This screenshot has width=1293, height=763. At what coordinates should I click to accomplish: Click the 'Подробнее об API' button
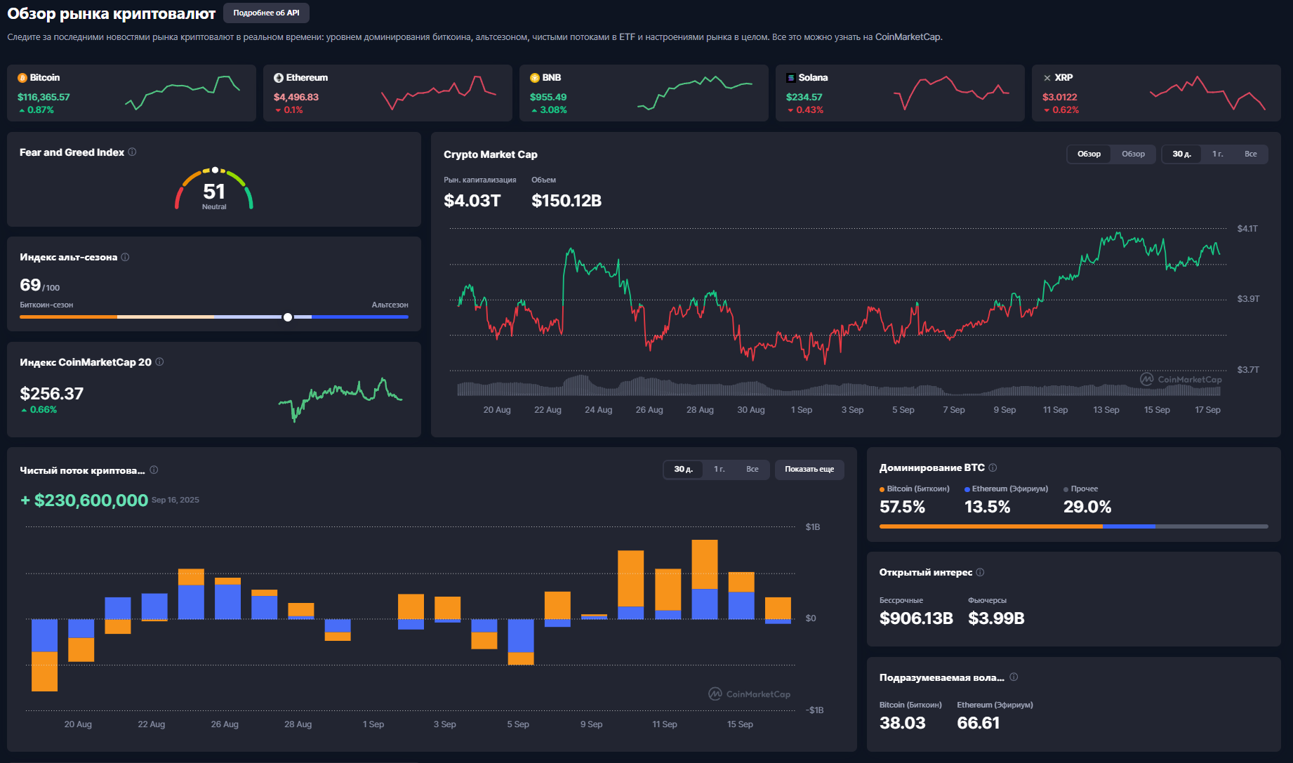(266, 13)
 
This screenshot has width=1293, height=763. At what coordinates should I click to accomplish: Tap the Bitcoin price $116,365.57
(44, 97)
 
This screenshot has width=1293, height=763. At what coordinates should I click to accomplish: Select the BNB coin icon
(535, 78)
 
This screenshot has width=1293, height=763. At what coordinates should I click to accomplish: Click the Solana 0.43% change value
(809, 110)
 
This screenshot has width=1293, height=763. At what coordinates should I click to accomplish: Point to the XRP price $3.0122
(1059, 97)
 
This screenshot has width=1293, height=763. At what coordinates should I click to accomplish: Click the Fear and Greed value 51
(214, 191)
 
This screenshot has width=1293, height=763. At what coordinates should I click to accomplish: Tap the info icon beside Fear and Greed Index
(132, 152)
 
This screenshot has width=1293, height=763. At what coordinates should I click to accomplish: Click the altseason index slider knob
(288, 317)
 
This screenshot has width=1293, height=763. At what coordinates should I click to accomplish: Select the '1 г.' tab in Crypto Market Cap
(1218, 154)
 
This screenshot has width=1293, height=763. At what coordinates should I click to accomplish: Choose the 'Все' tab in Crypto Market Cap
(1251, 154)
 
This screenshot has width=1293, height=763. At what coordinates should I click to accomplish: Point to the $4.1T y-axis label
(1247, 228)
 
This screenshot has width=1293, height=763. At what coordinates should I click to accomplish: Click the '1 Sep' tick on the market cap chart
(802, 410)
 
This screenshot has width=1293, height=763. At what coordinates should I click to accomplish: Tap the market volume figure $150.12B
(566, 201)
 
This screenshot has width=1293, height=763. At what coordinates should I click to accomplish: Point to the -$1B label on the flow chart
(814, 710)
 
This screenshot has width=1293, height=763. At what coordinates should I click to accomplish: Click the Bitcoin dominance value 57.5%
(902, 507)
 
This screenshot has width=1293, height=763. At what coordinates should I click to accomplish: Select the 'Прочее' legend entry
(1081, 489)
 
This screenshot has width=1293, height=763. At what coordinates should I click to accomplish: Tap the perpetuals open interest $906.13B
(916, 618)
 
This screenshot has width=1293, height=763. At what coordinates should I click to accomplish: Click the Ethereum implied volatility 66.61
(978, 723)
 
